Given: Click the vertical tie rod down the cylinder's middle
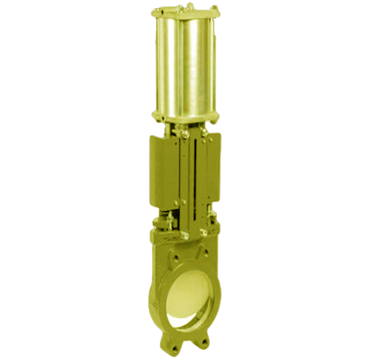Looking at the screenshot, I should pos(182,66).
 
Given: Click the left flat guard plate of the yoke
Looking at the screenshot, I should pos(165,173).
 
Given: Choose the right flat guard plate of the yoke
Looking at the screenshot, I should pos(210,173).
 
